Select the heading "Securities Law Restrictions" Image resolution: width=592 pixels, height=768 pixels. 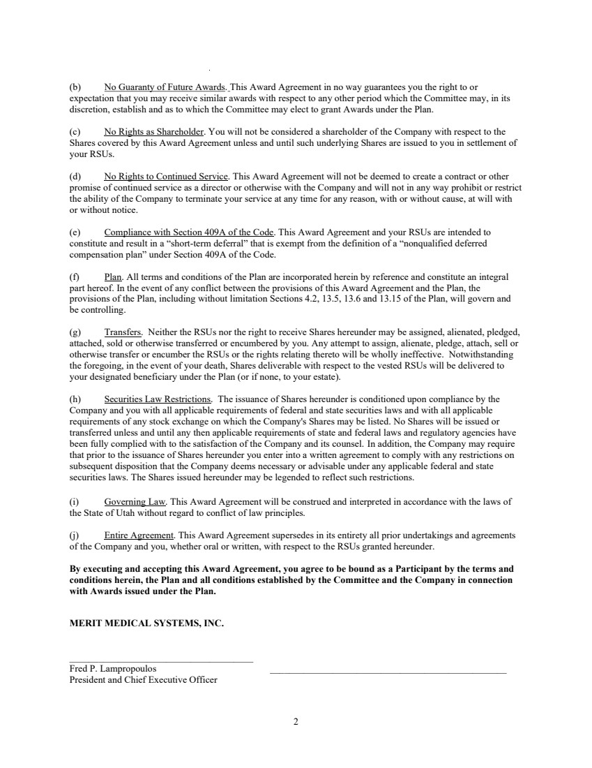click(x=158, y=399)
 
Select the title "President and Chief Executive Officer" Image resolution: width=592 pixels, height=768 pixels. click(x=143, y=680)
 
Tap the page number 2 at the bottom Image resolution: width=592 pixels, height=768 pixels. click(x=296, y=722)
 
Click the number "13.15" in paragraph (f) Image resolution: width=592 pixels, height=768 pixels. click(x=414, y=299)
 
